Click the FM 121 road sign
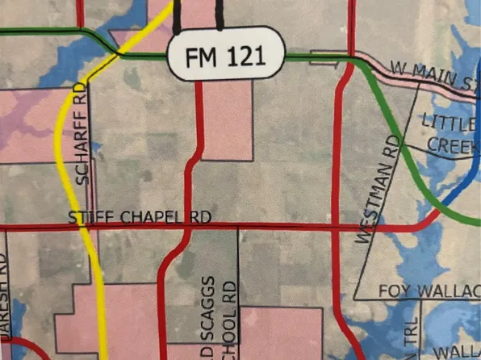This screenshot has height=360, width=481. click(226, 56)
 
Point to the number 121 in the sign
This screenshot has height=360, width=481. click(250, 56)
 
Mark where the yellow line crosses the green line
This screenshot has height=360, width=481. click(119, 53)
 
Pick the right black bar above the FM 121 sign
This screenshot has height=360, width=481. click(220, 16)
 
